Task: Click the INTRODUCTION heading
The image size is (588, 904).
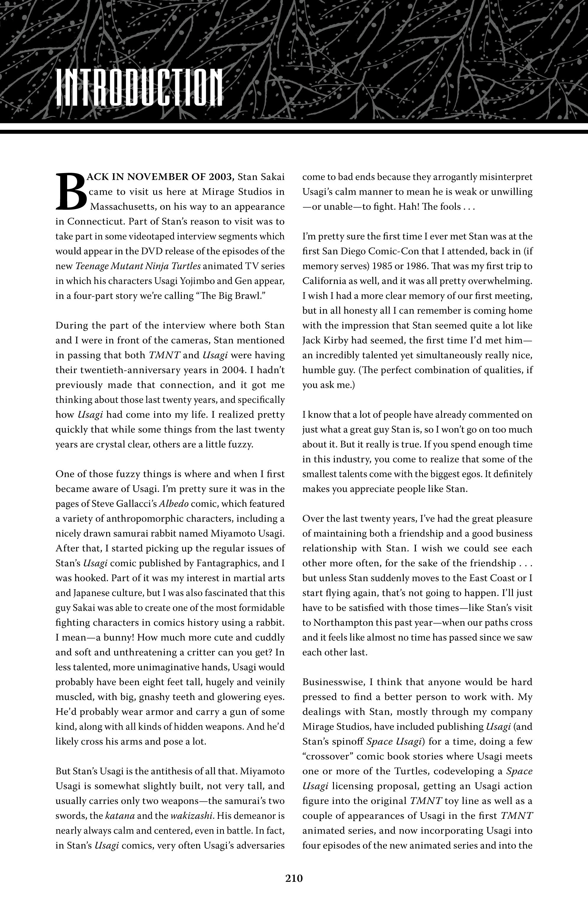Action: [139, 88]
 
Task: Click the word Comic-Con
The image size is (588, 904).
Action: [396, 251]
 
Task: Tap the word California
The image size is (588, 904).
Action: [325, 281]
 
